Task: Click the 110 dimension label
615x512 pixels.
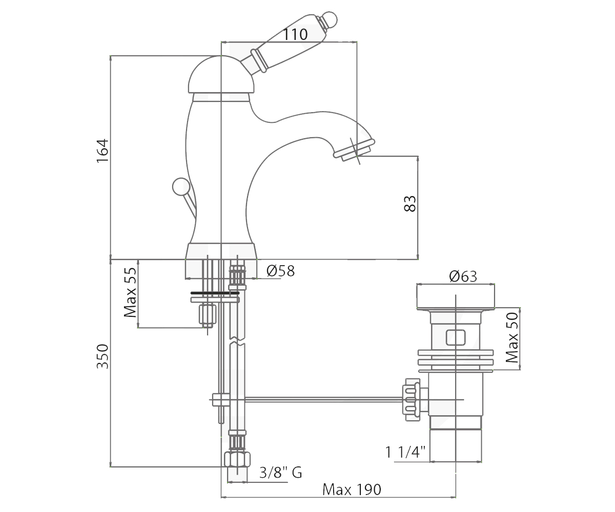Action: (295, 34)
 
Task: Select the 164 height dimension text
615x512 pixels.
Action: (103, 151)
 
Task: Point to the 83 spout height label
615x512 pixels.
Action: (409, 204)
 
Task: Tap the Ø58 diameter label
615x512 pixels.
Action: (280, 271)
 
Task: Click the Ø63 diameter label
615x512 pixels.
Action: (463, 276)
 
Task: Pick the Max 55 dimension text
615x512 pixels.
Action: (130, 292)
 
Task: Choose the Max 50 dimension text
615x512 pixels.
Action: (512, 337)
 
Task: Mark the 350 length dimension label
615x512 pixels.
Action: (103, 356)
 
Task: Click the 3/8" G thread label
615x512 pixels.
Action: (280, 473)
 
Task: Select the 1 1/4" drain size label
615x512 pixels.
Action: (405, 452)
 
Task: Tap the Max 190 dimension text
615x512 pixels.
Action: (352, 489)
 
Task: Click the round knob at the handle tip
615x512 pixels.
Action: (328, 19)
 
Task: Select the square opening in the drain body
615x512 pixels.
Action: (456, 337)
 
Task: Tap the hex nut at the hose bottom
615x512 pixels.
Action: (237, 459)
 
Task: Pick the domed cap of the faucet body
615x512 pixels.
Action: (221, 74)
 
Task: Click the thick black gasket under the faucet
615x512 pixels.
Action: (215, 293)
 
